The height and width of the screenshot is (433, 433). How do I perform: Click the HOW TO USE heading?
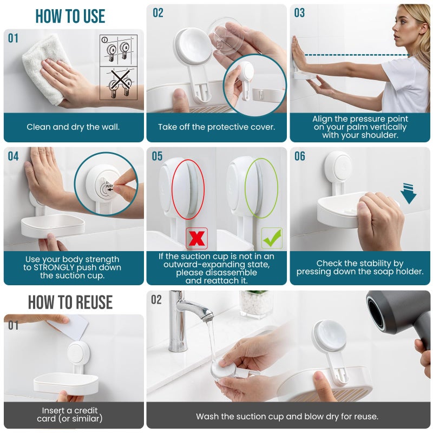click(x=70, y=16)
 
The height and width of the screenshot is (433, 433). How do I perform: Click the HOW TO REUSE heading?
click(x=70, y=302)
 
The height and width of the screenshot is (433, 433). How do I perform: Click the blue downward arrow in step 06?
click(x=408, y=194)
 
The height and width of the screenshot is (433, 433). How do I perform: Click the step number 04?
click(x=13, y=156)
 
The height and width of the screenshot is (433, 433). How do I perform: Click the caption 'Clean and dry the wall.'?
click(x=73, y=127)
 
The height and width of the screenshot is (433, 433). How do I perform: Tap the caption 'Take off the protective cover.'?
click(x=216, y=127)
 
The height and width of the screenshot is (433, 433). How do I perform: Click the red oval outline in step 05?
click(x=188, y=185)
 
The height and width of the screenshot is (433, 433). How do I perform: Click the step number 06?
click(x=300, y=156)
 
